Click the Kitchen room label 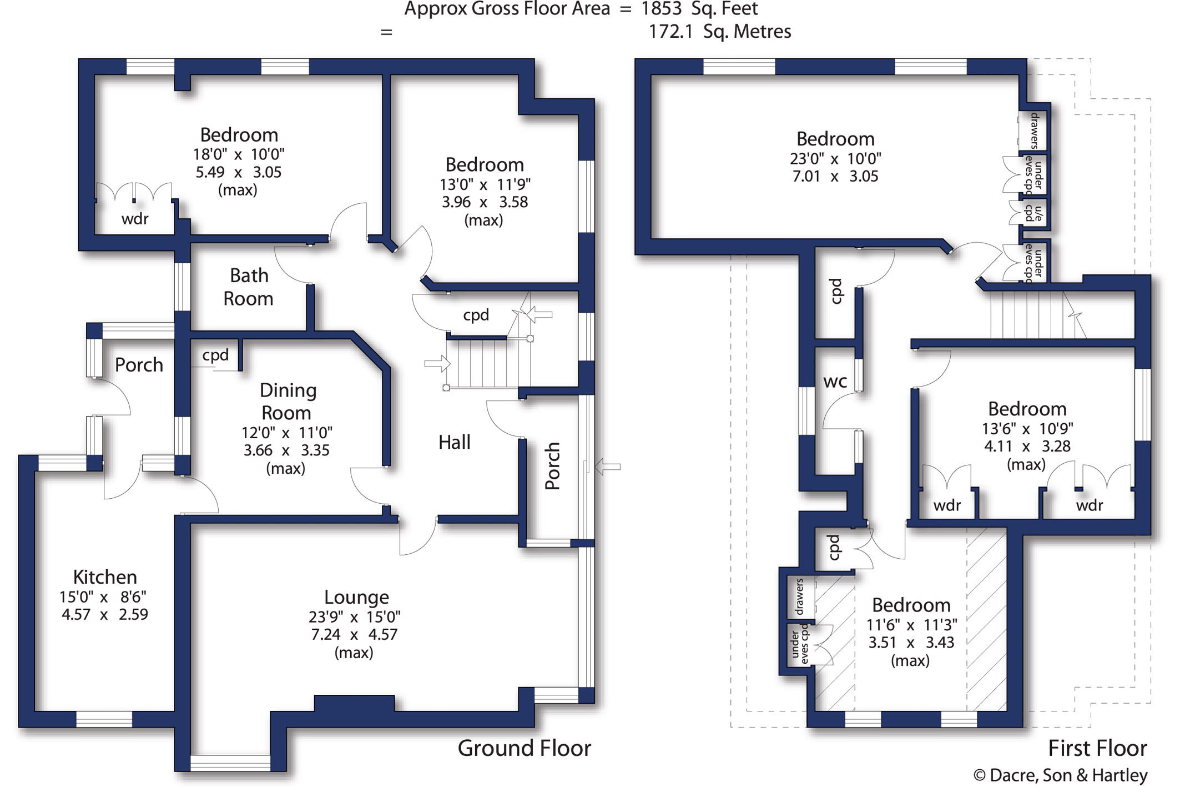pos(105,577)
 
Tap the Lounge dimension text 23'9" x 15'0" pos(355,616)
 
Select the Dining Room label pos(288,402)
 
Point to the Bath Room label pos(249,287)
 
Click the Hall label pos(455,442)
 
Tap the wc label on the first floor pos(835,382)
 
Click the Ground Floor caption pos(525,748)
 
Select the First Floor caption pos(1097,748)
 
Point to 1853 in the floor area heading pos(661,9)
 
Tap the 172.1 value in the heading pos(671,32)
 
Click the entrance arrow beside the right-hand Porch pos(607,467)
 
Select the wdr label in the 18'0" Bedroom pos(135,219)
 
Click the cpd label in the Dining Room pos(215,355)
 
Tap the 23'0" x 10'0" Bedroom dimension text pos(835,158)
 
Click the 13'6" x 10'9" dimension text pos(1027,429)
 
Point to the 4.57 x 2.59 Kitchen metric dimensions pos(105,614)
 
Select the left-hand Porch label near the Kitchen pos(139,365)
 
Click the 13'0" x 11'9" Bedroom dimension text pos(485,184)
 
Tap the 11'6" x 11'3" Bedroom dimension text pos(911,625)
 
